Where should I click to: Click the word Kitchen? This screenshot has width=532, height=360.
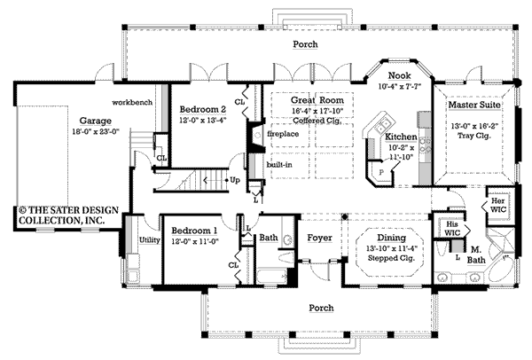pos(401,137)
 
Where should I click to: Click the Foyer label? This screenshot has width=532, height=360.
pos(319,239)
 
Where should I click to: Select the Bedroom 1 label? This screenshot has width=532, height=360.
pos(193,231)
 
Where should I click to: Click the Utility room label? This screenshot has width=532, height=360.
pos(148,239)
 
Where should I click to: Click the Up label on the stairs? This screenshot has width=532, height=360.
pos(234,180)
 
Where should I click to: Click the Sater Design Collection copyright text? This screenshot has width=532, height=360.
pos(62,216)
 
